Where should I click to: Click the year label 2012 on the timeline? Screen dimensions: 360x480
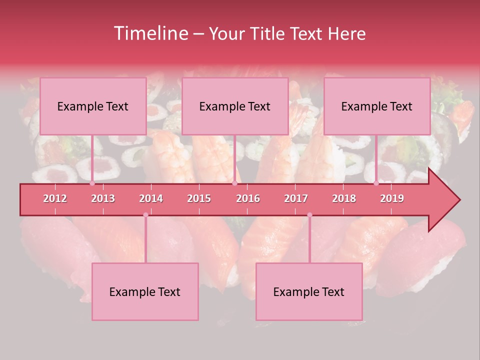pos(55,198)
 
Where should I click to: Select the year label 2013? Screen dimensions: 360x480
pos(103,198)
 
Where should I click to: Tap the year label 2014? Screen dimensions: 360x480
pos(151,198)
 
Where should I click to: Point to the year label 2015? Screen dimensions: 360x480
pos(199,198)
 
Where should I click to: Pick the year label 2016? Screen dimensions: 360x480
pos(248,198)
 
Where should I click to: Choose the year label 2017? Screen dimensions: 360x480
pos(296,198)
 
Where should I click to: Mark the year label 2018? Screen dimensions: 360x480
pos(344,198)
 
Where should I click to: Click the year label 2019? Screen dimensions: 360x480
pos(392,198)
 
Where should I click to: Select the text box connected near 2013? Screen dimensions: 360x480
pos(93,106)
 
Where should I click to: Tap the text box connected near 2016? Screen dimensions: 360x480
pos(235,106)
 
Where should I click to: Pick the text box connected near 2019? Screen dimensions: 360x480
pos(377,106)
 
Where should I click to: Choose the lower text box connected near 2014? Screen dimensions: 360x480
pos(145,291)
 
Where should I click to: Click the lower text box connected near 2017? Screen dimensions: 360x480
pos(309,291)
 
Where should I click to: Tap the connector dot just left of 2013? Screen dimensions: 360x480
pos(92,183)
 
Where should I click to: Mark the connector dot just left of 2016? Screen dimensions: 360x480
pos(234,183)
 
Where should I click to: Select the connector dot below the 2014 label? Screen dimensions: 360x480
pos(145,215)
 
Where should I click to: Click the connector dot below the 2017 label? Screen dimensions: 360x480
pos(309,215)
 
